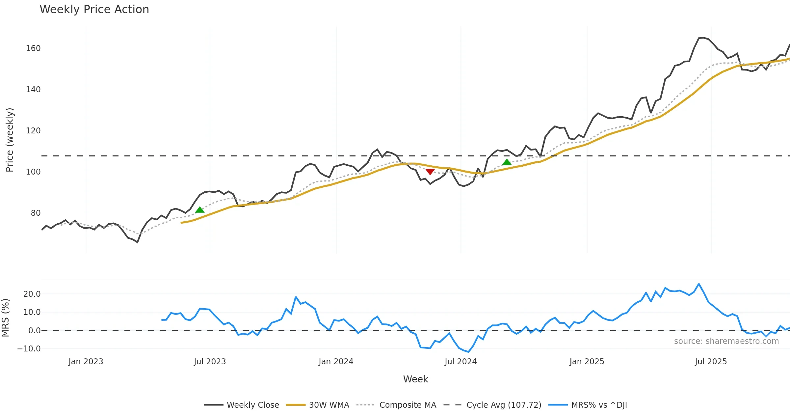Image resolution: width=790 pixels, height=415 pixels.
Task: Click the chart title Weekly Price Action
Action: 94,10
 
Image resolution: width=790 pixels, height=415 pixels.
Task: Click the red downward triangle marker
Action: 430,172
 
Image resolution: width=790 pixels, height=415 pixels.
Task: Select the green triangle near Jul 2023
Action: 200,210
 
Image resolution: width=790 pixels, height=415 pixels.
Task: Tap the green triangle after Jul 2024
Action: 507,162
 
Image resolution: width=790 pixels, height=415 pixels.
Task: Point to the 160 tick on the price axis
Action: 33,48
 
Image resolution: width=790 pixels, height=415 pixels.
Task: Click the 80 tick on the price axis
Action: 36,213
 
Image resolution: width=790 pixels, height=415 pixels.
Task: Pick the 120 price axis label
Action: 33,131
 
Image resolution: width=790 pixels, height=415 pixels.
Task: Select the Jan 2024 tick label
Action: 336,362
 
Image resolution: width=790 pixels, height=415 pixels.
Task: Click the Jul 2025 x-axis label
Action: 711,362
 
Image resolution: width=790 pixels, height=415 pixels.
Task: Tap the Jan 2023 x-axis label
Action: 86,362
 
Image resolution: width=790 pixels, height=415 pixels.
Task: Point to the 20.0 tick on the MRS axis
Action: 32,294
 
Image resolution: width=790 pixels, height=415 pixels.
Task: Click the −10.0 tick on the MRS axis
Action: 29,349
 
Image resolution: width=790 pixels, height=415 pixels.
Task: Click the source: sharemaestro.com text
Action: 726,341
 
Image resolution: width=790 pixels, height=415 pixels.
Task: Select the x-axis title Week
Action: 415,379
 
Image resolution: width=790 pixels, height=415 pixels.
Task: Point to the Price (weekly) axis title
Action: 10,140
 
